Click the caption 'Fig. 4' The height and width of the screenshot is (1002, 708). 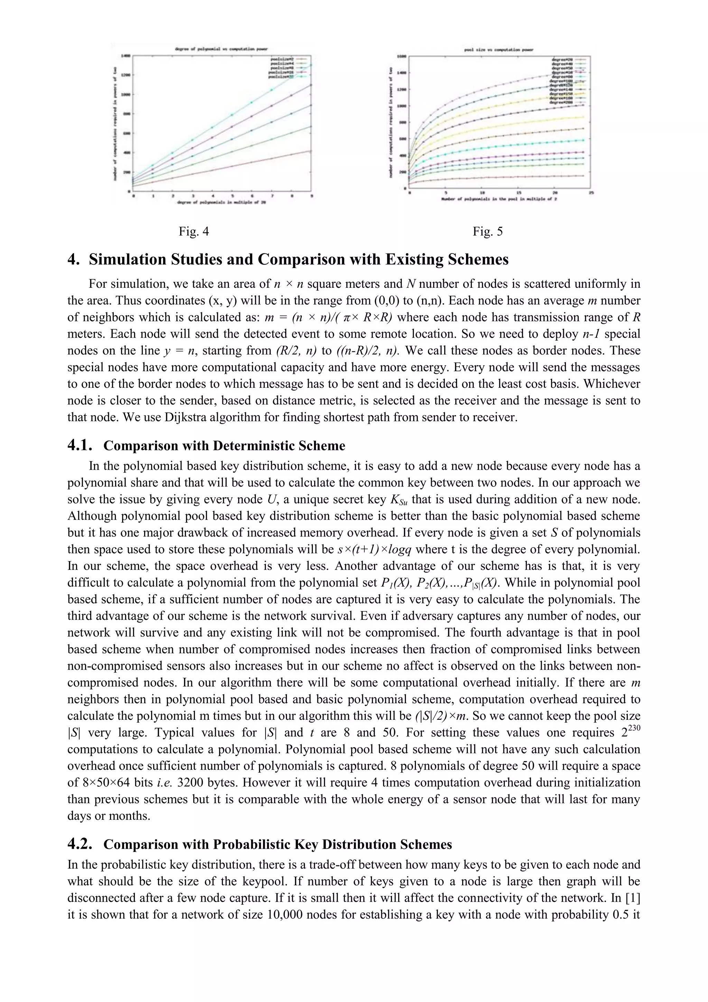point(194,231)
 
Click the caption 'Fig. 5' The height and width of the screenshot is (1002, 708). point(488,231)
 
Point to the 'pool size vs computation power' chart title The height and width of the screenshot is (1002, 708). point(499,50)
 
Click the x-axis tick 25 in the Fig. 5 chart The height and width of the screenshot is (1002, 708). point(591,192)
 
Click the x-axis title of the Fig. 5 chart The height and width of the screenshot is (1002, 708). point(499,199)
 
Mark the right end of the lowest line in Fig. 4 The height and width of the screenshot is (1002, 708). point(310,151)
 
